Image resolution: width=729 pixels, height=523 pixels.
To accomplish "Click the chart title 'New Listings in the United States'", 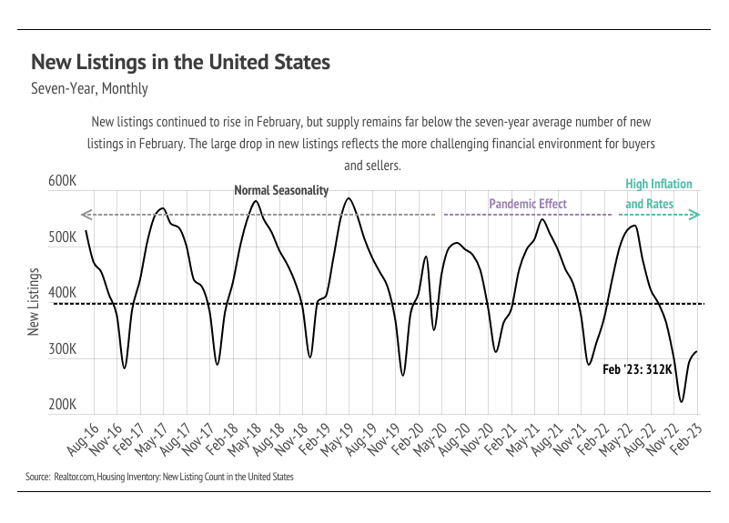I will point(180,63).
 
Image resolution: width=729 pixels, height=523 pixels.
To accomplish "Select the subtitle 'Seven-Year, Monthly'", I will point(89,89).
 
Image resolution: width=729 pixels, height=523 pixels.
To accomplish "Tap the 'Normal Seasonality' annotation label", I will point(281,191).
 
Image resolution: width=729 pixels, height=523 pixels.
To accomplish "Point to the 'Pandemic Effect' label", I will point(528,204).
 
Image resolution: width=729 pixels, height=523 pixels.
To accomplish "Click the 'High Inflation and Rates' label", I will point(658,194).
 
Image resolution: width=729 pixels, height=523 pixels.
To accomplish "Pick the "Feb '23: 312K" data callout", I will point(637,369).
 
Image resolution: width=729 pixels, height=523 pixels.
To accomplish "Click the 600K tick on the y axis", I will point(61,182).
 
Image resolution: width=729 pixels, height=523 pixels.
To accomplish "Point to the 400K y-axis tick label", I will point(61,294).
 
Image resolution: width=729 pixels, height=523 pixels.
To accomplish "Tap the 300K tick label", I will point(61,350).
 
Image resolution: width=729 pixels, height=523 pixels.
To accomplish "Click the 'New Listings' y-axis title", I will point(34,302).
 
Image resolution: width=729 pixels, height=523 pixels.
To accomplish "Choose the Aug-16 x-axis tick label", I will point(85,439).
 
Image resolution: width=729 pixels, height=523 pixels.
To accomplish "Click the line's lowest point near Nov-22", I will point(681,401).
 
